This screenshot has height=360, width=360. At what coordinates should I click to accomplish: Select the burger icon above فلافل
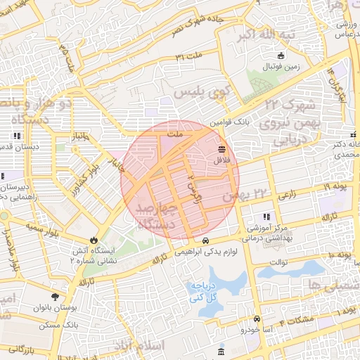pyautogui.click(x=223, y=149)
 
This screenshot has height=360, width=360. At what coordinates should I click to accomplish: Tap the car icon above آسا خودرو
pyautogui.click(x=256, y=319)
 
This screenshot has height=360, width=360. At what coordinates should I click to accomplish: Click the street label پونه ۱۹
pyautogui.click(x=318, y=186)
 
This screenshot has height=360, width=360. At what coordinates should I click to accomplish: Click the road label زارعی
pyautogui.click(x=288, y=198)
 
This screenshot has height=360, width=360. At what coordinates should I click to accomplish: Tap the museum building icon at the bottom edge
pyautogui.click(x=221, y=351)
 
